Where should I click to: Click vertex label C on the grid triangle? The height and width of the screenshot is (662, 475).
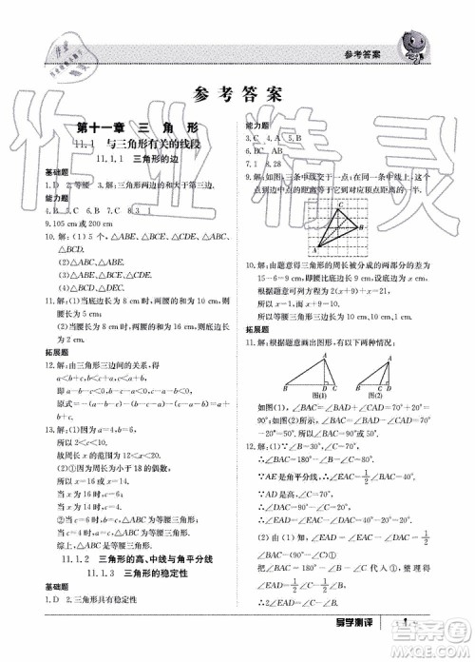pyautogui.click(x=339, y=204)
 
